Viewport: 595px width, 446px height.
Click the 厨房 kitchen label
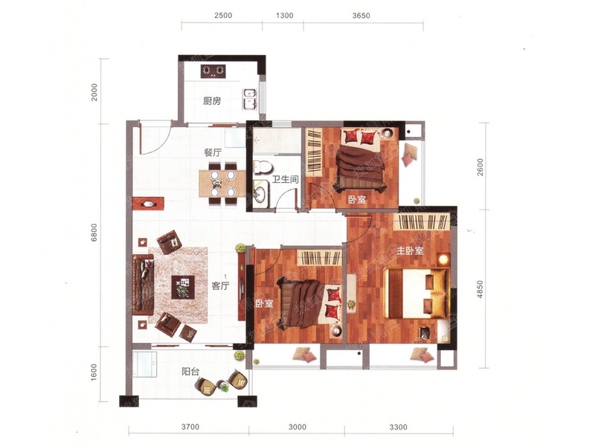212,101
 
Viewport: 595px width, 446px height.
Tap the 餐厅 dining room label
213,153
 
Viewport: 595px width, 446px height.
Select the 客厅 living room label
220,286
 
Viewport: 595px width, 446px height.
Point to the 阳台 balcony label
190,372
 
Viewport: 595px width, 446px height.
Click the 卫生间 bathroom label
286,179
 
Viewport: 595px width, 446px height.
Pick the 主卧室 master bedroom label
410,251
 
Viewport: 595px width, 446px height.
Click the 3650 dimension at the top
361,16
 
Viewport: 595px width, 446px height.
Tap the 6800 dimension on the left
94,232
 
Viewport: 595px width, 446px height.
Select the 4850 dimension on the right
480,289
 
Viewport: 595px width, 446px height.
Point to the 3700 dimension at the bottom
190,427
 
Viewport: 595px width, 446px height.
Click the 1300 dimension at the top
284,16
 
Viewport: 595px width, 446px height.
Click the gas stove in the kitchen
213,71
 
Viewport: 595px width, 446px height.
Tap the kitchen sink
250,98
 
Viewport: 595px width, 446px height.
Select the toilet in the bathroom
263,167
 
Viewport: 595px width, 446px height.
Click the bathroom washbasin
260,194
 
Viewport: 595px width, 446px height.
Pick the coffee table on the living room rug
183,287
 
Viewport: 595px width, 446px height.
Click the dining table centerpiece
217,184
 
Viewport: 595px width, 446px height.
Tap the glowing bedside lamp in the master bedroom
443,259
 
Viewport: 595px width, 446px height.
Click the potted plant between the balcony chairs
225,387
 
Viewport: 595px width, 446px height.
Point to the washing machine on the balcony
145,364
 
